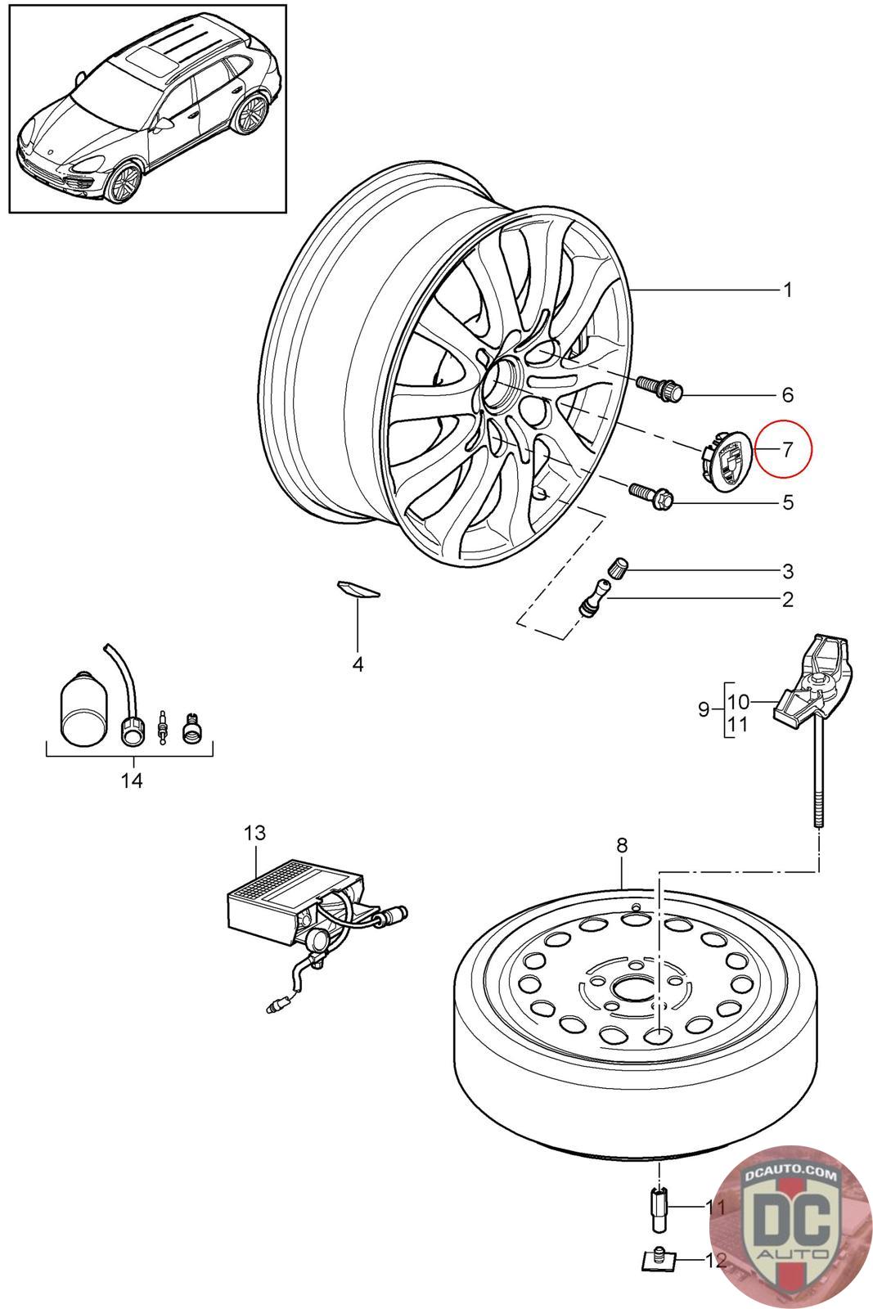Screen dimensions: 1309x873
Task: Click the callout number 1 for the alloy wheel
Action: coord(786,290)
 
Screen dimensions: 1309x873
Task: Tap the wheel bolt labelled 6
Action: coord(659,388)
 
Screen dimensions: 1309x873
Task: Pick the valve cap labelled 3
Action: coord(619,566)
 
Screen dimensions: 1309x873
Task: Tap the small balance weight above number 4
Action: coord(358,589)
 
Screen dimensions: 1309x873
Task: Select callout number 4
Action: coord(358,664)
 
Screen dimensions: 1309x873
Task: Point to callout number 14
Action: coord(132,780)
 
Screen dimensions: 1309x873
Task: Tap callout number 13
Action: coord(254,834)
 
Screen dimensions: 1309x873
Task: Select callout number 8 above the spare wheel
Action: coord(622,845)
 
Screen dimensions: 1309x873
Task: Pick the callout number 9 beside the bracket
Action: coord(704,709)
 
